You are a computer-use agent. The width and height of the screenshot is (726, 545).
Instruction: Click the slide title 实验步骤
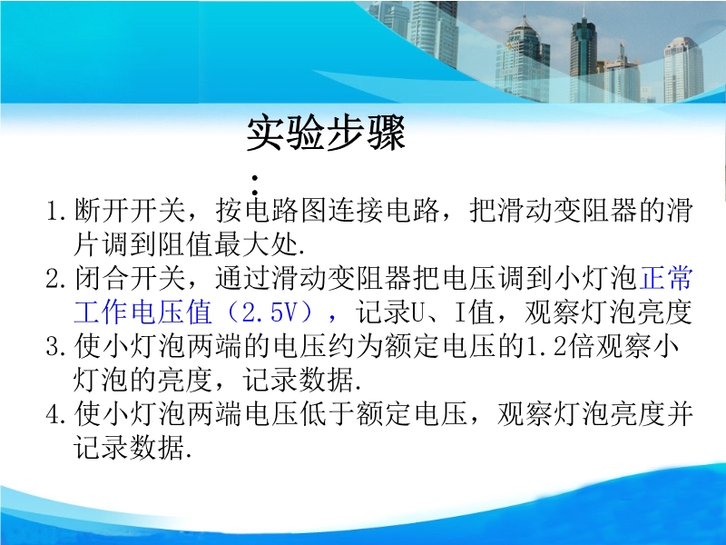(326, 133)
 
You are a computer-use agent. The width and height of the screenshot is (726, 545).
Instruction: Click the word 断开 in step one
(102, 211)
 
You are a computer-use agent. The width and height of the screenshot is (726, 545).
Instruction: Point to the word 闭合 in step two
(102, 279)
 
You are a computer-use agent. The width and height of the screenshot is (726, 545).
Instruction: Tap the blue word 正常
(665, 279)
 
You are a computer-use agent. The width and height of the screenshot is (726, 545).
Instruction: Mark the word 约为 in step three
(355, 347)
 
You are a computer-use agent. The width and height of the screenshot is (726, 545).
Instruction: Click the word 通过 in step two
(242, 279)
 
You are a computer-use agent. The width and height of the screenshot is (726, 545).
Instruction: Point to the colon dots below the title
(255, 184)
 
